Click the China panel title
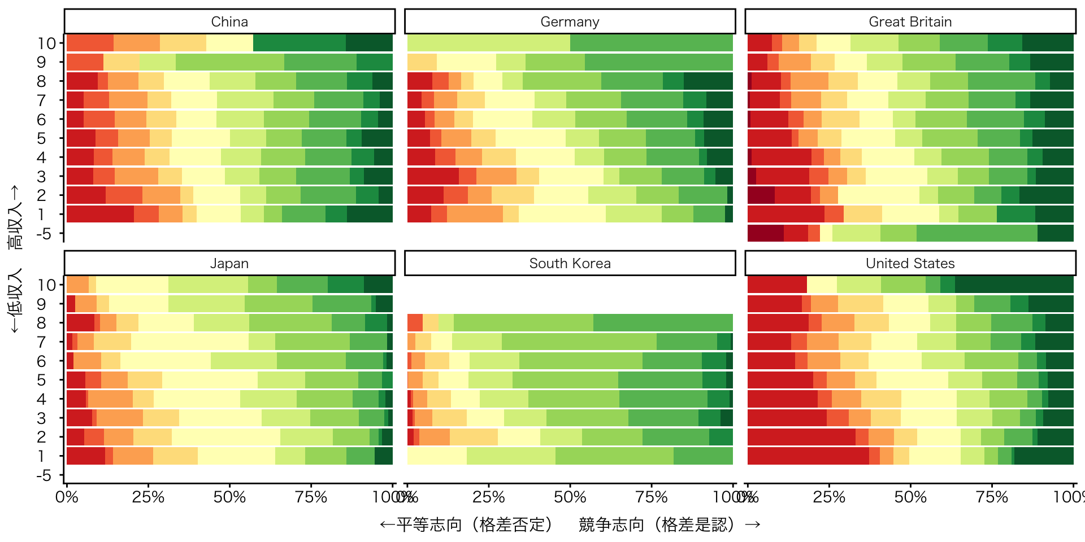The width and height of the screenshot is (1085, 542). pos(229,21)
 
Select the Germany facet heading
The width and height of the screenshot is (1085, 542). pos(570,21)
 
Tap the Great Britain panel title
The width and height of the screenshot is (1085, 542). pos(910,21)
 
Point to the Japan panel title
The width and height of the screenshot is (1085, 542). pos(229,263)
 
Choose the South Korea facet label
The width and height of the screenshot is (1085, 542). pos(570,263)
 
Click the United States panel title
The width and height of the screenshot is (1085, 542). pos(910,263)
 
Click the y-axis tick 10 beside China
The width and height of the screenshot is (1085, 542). pos(47,43)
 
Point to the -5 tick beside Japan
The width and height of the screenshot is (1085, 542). pos(44,475)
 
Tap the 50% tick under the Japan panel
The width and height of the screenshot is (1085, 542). pos(229,497)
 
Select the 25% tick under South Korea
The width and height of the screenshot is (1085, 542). pos(488,497)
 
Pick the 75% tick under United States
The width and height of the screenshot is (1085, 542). pos(992,497)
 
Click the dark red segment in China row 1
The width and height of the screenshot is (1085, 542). pos(100,215)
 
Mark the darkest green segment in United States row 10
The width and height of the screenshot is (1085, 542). pos(1014,285)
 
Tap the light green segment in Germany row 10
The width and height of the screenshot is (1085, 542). pos(488,43)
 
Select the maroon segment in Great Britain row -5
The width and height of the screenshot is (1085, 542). pos(765,233)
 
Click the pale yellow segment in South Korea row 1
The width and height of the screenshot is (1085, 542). pos(437,456)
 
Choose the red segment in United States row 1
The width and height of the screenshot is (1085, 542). pos(808,456)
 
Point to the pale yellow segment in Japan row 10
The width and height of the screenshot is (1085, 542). pos(132,285)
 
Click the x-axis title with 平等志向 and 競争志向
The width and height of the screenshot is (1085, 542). pos(570,524)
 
